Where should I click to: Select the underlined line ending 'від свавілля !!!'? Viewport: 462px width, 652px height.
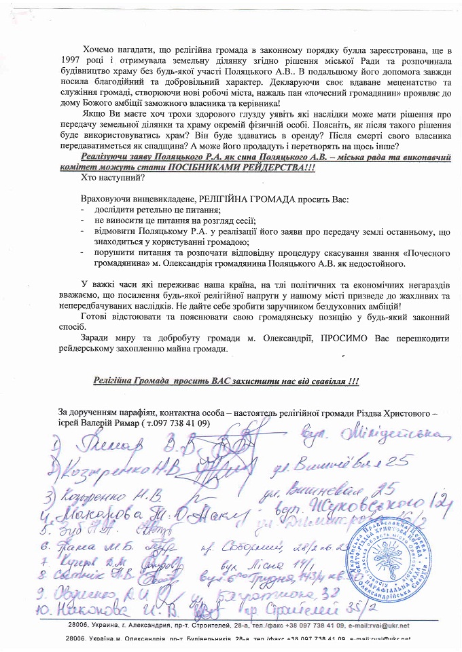(226, 381)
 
